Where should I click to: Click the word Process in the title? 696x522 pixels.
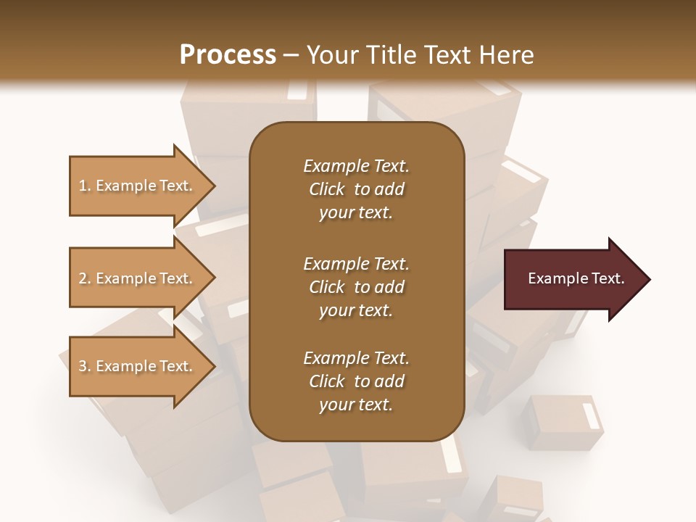click(228, 55)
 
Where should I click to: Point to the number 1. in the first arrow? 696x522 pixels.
click(85, 186)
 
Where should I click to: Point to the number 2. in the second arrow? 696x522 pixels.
click(85, 278)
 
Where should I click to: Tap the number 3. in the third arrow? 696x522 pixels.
click(85, 366)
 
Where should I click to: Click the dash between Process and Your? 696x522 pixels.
click(291, 56)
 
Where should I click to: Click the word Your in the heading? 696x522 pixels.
click(331, 55)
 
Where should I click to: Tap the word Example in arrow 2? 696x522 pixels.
click(127, 278)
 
